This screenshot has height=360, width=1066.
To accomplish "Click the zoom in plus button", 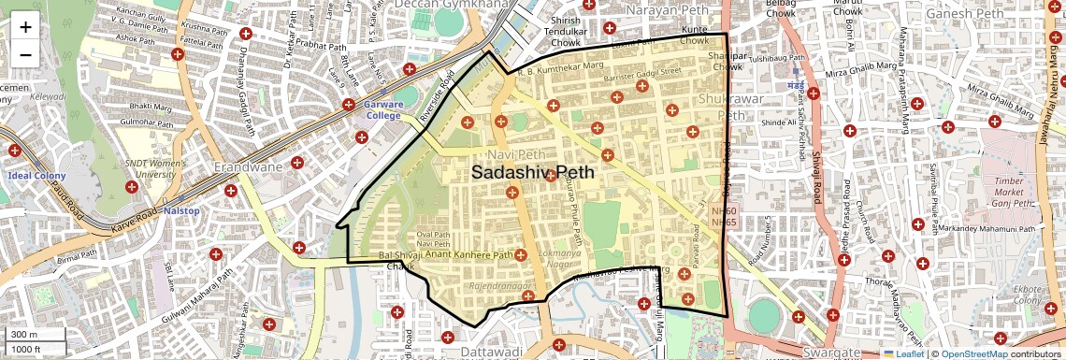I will click(x=25, y=26).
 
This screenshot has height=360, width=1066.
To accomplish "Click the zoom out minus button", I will click(x=25, y=53).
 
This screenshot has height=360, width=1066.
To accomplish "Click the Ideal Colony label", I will click(x=35, y=175).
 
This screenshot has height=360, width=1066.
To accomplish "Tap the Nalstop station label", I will click(x=181, y=211).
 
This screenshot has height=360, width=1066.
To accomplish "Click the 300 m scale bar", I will click(x=34, y=335).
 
